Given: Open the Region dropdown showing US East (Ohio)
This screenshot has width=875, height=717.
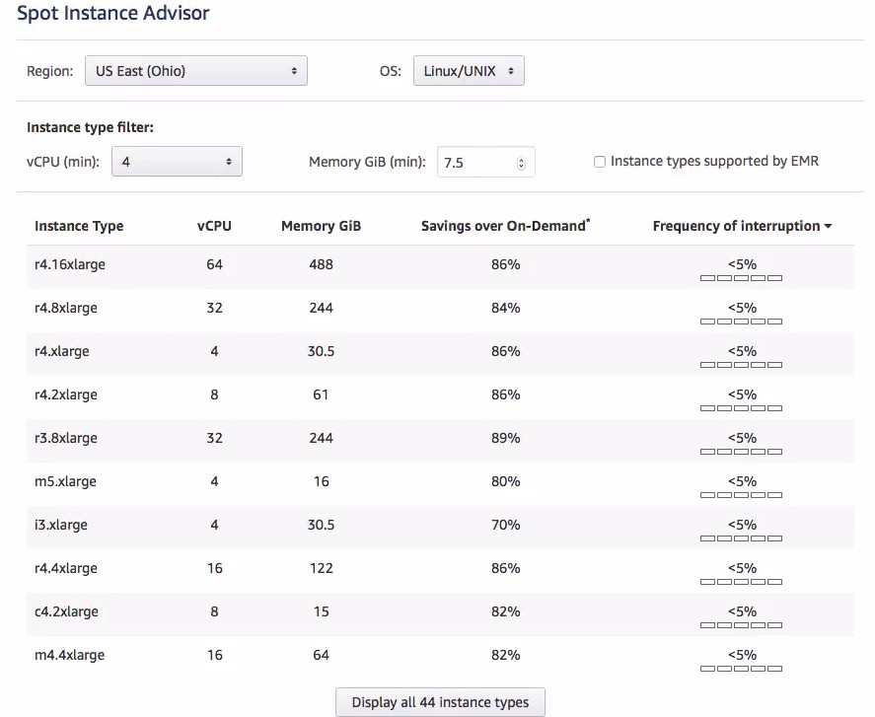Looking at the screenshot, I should click(195, 71).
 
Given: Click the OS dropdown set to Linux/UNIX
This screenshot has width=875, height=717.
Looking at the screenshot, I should click(469, 71).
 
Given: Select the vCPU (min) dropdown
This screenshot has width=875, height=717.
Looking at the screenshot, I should click(177, 162).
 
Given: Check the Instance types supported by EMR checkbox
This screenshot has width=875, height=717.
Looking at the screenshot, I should click(600, 162).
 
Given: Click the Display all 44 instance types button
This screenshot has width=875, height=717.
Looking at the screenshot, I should click(440, 702).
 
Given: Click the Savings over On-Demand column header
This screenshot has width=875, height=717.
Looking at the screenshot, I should click(505, 226).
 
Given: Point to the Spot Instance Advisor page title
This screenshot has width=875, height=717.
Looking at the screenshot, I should click(113, 14).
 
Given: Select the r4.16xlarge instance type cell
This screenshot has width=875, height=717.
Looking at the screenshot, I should click(70, 264).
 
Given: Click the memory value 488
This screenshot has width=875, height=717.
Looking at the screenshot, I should click(321, 264).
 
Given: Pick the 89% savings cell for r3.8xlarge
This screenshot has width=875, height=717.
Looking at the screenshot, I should click(505, 438).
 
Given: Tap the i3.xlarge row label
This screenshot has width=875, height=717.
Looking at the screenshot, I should click(61, 525).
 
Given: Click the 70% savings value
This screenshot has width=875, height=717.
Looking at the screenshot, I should click(505, 525).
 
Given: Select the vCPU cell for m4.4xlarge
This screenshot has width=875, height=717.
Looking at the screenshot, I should click(214, 655).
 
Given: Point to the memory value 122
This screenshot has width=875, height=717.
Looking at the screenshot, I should click(321, 568).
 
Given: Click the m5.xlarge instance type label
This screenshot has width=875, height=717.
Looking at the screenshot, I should click(65, 481).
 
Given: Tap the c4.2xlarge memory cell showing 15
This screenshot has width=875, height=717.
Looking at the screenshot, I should click(321, 611).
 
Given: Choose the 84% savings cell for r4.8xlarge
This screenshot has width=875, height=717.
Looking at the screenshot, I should click(505, 308).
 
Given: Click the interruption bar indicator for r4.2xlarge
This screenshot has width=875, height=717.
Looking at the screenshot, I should click(741, 408).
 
